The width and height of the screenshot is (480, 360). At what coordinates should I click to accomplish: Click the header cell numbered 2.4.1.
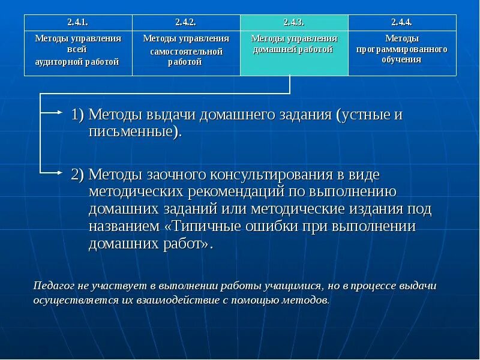pyautogui.click(x=78, y=22)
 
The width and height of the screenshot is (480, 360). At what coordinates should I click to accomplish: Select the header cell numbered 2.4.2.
pyautogui.click(x=186, y=22)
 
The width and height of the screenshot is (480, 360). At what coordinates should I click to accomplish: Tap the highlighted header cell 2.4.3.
pyautogui.click(x=294, y=22)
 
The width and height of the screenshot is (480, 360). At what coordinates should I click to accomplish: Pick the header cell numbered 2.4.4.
pyautogui.click(x=402, y=22)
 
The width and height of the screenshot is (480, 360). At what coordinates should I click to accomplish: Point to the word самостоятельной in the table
pyautogui.click(x=186, y=52)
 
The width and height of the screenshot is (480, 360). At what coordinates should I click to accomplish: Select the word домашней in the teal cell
pyautogui.click(x=274, y=49)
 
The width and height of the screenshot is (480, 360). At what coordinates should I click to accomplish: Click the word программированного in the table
pyautogui.click(x=402, y=49)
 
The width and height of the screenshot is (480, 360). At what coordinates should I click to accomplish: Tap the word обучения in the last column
pyautogui.click(x=402, y=59)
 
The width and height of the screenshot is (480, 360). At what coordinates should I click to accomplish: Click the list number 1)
pyautogui.click(x=78, y=115)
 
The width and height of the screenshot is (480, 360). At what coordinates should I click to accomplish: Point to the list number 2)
pyautogui.click(x=78, y=175)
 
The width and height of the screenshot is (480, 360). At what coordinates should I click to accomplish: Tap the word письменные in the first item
pyautogui.click(x=133, y=131)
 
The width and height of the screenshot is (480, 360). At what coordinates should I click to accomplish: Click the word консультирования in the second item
pyautogui.click(x=281, y=175)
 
